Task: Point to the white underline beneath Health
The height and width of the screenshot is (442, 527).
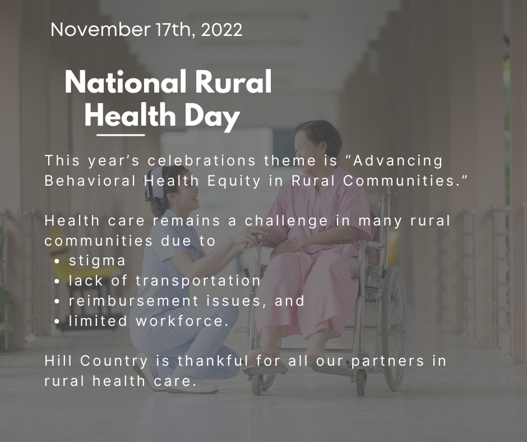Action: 121,135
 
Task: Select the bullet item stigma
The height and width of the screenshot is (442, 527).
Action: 98,261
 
